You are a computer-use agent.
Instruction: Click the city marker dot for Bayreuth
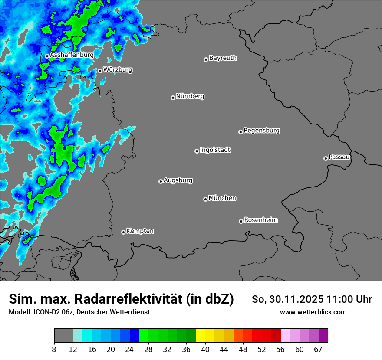(x=206, y=59)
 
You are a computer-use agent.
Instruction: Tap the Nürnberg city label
(x=190, y=96)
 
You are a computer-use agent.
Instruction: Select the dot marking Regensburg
(x=240, y=132)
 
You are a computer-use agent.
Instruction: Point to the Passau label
(x=339, y=157)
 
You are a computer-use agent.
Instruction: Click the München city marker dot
(x=205, y=200)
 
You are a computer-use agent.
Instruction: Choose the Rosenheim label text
(x=260, y=220)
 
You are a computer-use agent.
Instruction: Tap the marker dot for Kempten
(x=123, y=232)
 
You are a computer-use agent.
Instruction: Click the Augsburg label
(x=178, y=180)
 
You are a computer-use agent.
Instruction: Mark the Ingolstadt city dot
(x=197, y=151)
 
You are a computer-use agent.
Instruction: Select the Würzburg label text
(x=118, y=69)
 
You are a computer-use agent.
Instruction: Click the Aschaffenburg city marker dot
(x=47, y=56)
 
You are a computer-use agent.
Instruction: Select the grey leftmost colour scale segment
(x=63, y=336)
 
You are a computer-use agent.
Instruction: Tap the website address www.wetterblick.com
(x=313, y=312)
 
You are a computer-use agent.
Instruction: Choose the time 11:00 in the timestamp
(x=341, y=299)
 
